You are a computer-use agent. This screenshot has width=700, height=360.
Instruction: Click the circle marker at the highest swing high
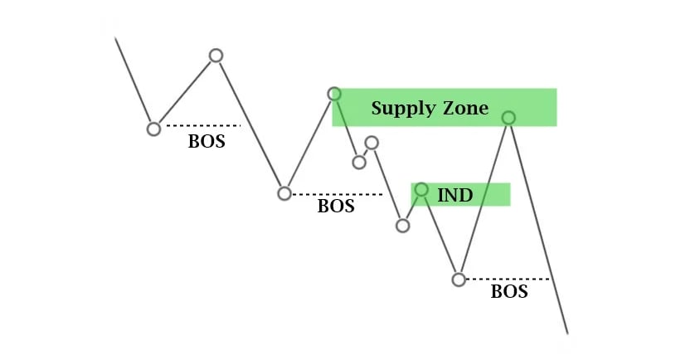(216, 56)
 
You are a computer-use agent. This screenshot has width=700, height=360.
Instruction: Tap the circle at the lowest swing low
(459, 280)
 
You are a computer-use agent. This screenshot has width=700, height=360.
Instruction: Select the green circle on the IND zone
(421, 190)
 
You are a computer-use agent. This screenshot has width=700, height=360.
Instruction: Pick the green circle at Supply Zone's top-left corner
(334, 94)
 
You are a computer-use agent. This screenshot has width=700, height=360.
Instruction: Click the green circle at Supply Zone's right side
(508, 118)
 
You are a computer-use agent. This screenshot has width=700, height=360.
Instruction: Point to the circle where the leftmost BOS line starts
(153, 129)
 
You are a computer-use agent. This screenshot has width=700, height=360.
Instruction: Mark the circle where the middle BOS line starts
(284, 193)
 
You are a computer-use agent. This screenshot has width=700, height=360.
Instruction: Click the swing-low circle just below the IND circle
(403, 226)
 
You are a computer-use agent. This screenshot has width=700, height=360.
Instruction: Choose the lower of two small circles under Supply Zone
(359, 162)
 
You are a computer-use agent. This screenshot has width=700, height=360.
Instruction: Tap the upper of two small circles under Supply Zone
(372, 144)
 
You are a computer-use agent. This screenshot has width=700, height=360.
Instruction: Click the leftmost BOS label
(207, 141)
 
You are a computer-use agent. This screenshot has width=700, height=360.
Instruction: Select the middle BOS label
(336, 207)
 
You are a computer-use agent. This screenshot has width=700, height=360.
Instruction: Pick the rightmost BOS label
(509, 292)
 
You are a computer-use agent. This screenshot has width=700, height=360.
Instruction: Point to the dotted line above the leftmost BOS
(202, 125)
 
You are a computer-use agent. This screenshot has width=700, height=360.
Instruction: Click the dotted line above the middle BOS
(336, 194)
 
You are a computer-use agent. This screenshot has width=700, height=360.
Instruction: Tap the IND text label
(455, 195)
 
